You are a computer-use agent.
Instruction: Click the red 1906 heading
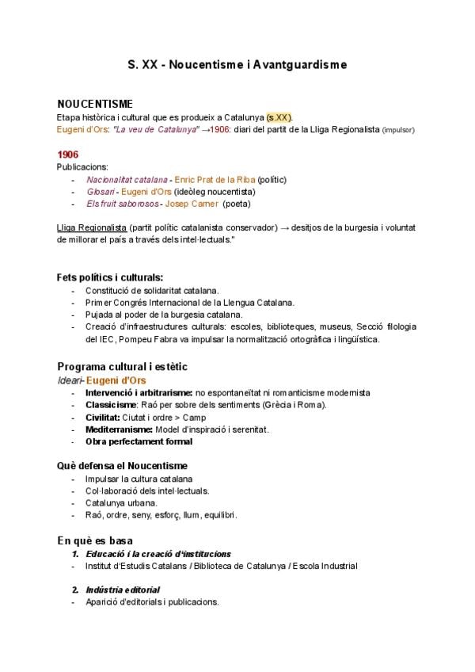(67, 154)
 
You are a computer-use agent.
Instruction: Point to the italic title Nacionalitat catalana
(127, 179)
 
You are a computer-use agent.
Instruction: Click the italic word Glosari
(101, 191)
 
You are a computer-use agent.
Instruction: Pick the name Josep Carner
(190, 204)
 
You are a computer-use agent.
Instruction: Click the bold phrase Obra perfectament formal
(139, 441)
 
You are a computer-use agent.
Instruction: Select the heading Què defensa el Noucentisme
(122, 465)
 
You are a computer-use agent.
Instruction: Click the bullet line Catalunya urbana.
(121, 502)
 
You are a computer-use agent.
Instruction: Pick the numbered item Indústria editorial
(122, 590)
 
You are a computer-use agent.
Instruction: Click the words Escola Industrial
(325, 566)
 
